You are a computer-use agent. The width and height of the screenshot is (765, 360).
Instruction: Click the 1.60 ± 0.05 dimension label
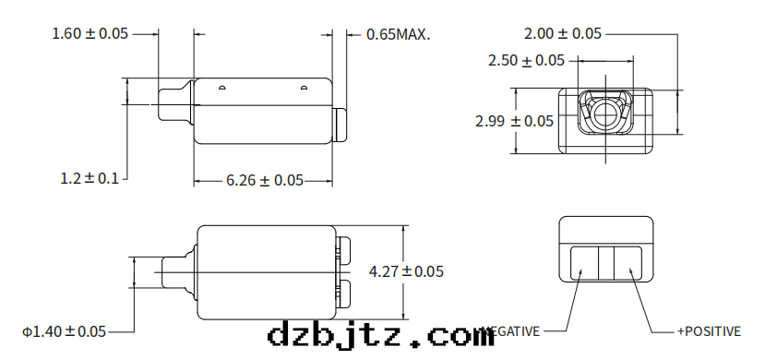coord(90,34)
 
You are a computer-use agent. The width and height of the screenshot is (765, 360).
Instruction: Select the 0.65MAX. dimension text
coord(399,34)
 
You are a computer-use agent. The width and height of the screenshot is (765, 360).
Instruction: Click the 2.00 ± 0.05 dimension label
coord(562,34)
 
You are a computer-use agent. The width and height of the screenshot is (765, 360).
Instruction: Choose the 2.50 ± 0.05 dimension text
coord(526,61)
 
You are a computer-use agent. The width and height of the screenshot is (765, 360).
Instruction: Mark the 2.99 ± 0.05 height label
coord(514,121)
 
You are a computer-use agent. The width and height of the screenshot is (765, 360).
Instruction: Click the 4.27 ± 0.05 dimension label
coord(406,271)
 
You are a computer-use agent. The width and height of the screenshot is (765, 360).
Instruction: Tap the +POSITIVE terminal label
coord(709,330)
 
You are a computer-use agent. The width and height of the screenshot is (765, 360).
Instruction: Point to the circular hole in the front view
coord(606,114)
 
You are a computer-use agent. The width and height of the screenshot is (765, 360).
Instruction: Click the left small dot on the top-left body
coord(221,89)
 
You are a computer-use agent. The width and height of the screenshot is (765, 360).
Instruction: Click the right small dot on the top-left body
coord(303,89)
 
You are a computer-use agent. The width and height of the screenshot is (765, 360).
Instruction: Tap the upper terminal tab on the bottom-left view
coord(344,250)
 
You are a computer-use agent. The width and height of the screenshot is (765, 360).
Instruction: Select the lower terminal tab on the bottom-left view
coord(344,294)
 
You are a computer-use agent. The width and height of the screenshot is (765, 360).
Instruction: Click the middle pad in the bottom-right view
coord(606,262)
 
